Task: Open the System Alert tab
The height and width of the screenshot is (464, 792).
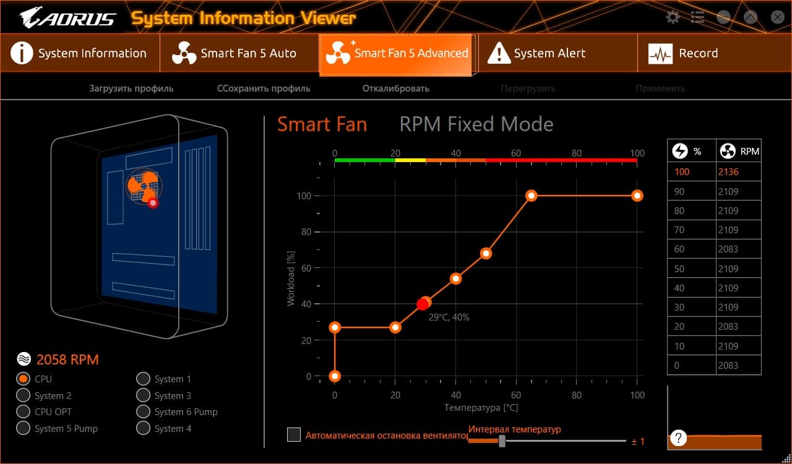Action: coord(549,53)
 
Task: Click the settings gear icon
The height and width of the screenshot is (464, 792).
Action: coord(673,17)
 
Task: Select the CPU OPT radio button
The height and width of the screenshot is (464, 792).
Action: coord(24,411)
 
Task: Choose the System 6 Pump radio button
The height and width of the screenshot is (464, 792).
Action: coord(143,411)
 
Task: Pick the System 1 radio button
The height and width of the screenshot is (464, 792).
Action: coord(143,379)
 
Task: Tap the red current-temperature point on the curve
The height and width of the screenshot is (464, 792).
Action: coord(423,304)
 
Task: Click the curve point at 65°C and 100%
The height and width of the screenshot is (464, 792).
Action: coord(531,195)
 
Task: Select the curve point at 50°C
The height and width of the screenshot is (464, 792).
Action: coord(486,253)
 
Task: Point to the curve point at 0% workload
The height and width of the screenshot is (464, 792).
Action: coord(335,376)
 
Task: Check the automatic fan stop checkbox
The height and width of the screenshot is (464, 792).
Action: coord(294,435)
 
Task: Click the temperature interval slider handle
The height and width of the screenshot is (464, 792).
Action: coord(502,440)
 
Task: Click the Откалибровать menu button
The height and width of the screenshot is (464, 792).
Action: coord(395,88)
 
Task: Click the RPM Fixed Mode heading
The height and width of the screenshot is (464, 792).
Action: coord(476,124)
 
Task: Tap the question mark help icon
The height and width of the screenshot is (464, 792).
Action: coord(679,438)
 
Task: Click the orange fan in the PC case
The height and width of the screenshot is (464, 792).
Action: coord(142,186)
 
